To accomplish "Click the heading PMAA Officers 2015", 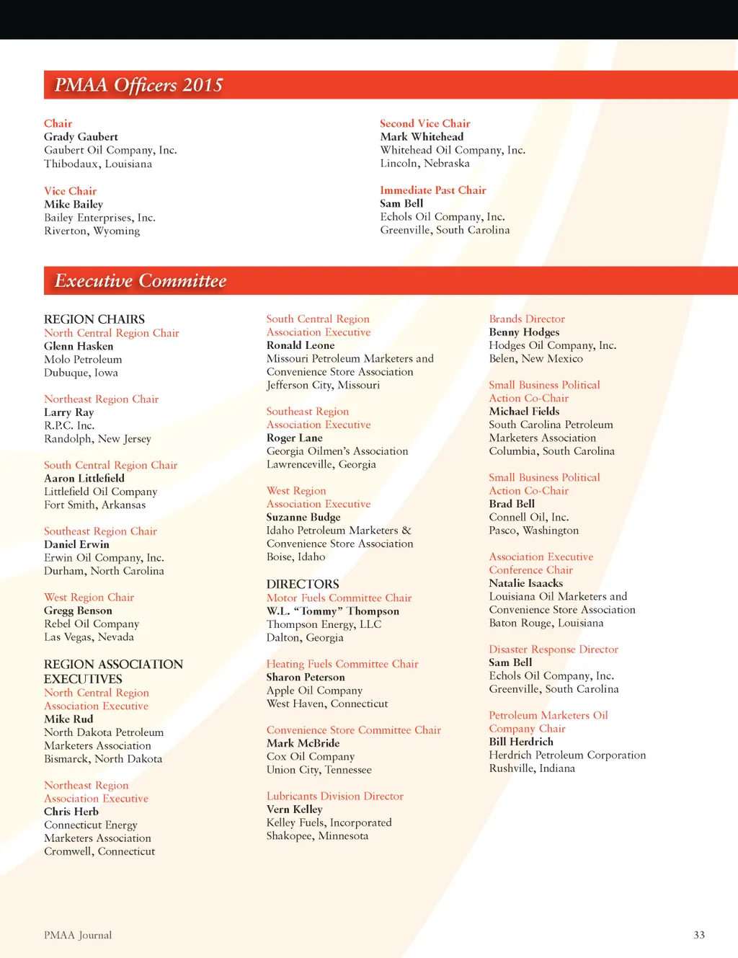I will (139, 85).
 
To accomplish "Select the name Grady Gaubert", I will (81, 137).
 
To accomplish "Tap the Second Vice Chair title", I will (424, 123).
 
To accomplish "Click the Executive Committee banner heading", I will (141, 280).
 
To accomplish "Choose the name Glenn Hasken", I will (79, 346).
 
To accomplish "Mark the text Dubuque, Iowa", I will (81, 373).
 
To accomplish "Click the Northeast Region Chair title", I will (101, 399).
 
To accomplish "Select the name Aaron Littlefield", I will (84, 478).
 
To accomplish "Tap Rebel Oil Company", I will (92, 624).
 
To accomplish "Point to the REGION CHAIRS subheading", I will (94, 319).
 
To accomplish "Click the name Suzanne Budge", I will (303, 517).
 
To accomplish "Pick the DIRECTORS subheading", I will (303, 584).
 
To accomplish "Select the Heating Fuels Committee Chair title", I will (342, 664).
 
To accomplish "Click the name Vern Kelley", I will (295, 810).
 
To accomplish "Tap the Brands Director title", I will (527, 319).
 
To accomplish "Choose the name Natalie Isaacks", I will (526, 583).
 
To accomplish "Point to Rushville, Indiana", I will (532, 768).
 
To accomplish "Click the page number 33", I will (699, 935).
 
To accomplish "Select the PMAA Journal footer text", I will (78, 935).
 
